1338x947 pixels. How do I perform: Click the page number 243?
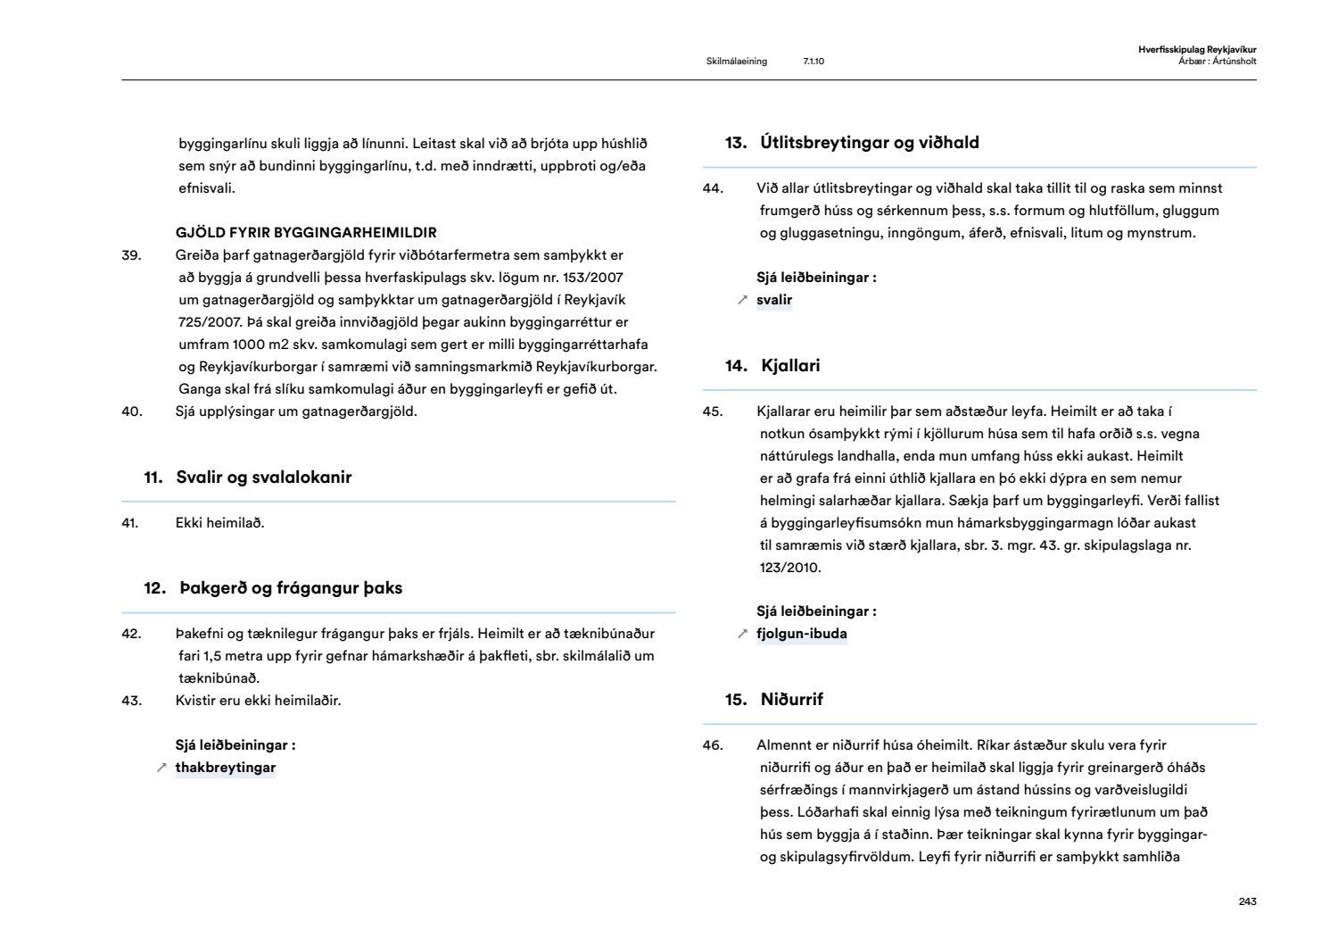tap(1247, 901)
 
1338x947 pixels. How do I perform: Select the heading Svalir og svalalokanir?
tap(263, 478)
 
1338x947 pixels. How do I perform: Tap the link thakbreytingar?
tap(226, 768)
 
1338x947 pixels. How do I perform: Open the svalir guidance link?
tap(774, 300)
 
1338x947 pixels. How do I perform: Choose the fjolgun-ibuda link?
tap(802, 634)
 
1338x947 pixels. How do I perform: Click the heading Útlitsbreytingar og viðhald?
tap(870, 143)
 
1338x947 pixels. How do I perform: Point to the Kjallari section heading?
tap(790, 366)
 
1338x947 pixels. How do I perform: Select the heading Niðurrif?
tap(791, 700)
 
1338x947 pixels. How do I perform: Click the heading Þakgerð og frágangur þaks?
tap(289, 588)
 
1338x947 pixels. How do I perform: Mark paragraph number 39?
tap(131, 255)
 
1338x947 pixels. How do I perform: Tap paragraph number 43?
tap(131, 701)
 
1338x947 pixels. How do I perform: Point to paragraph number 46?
tap(713, 745)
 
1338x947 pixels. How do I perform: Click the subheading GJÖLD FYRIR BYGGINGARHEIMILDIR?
tap(306, 233)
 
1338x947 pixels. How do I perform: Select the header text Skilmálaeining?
tap(736, 62)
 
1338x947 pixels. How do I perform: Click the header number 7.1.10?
tap(814, 62)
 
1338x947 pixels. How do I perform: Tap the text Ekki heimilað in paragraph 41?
tap(219, 523)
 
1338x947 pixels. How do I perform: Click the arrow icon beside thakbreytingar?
tap(161, 768)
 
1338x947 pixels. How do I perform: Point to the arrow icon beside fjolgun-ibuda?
tap(742, 634)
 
